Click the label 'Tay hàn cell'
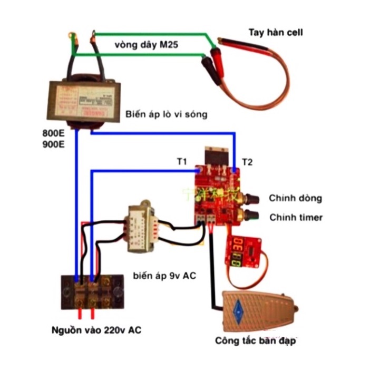point(276,33)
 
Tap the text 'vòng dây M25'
point(146,46)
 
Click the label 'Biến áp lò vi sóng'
point(166,114)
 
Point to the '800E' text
point(53,133)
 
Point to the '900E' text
point(53,144)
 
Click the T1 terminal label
point(182,161)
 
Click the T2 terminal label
point(247,162)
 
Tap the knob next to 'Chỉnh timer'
point(251,215)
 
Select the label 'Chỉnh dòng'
point(295,198)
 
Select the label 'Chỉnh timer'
point(296,217)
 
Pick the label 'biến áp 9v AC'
point(164,275)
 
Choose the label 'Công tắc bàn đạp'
point(256,341)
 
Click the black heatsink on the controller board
point(216,156)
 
